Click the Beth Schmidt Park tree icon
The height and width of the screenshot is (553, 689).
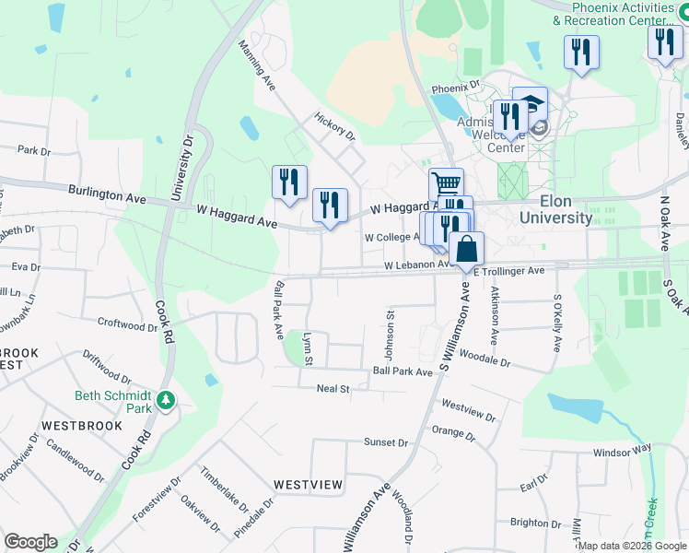[x=166, y=400]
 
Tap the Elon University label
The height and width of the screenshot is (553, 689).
[x=555, y=210]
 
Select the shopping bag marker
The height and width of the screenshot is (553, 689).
[x=466, y=249]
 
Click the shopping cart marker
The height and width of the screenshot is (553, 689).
[x=445, y=183]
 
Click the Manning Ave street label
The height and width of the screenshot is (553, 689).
[x=258, y=64]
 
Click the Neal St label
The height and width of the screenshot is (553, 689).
[x=333, y=389]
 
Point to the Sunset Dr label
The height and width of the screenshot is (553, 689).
[x=385, y=442]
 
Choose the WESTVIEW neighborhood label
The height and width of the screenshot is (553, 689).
[x=308, y=484]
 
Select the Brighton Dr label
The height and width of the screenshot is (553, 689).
[x=530, y=522]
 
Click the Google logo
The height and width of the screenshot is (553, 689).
[x=30, y=542]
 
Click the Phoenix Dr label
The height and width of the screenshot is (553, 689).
[x=456, y=88]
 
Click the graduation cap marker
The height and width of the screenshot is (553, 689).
[x=530, y=104]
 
